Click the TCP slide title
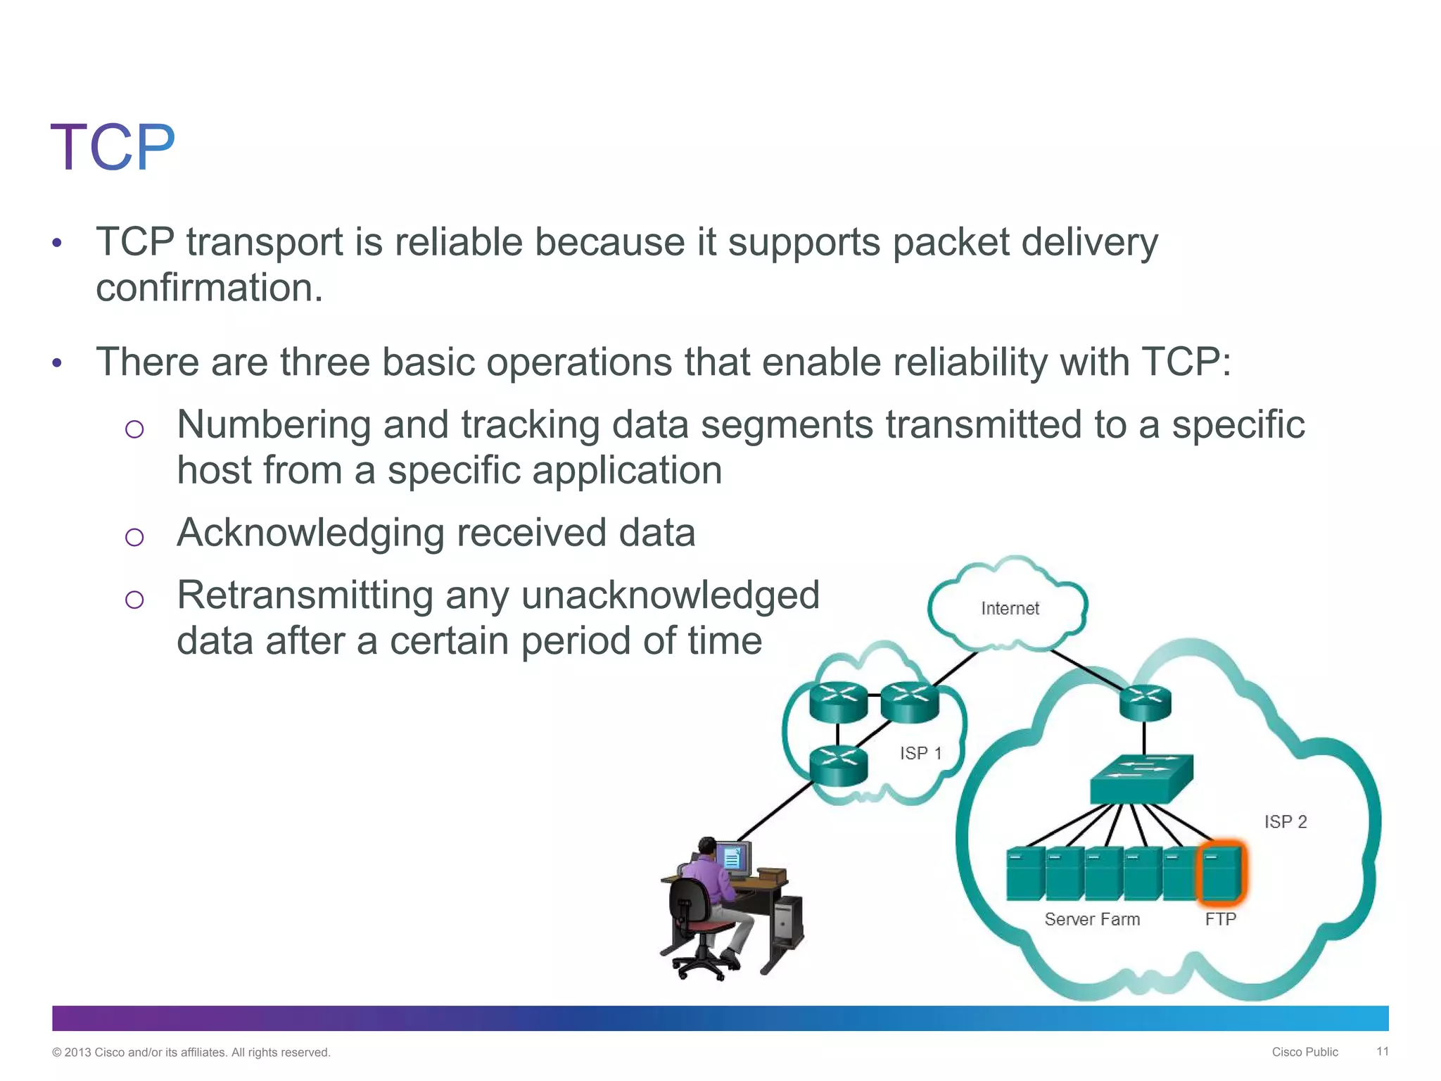tap(113, 148)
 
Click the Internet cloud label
tap(1010, 608)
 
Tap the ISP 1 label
tap(920, 753)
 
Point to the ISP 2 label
tap(1285, 821)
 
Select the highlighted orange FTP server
tap(1221, 873)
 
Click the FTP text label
tap(1220, 919)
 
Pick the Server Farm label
tap(1092, 919)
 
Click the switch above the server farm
tap(1141, 778)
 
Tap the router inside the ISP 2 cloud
tap(1145, 703)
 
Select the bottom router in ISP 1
tap(838, 766)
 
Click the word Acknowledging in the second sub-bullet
tap(310, 533)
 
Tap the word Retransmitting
tap(305, 595)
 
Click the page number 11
tap(1382, 1051)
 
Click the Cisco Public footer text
tap(1304, 1052)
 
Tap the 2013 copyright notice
tap(191, 1052)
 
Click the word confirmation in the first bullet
tap(209, 288)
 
